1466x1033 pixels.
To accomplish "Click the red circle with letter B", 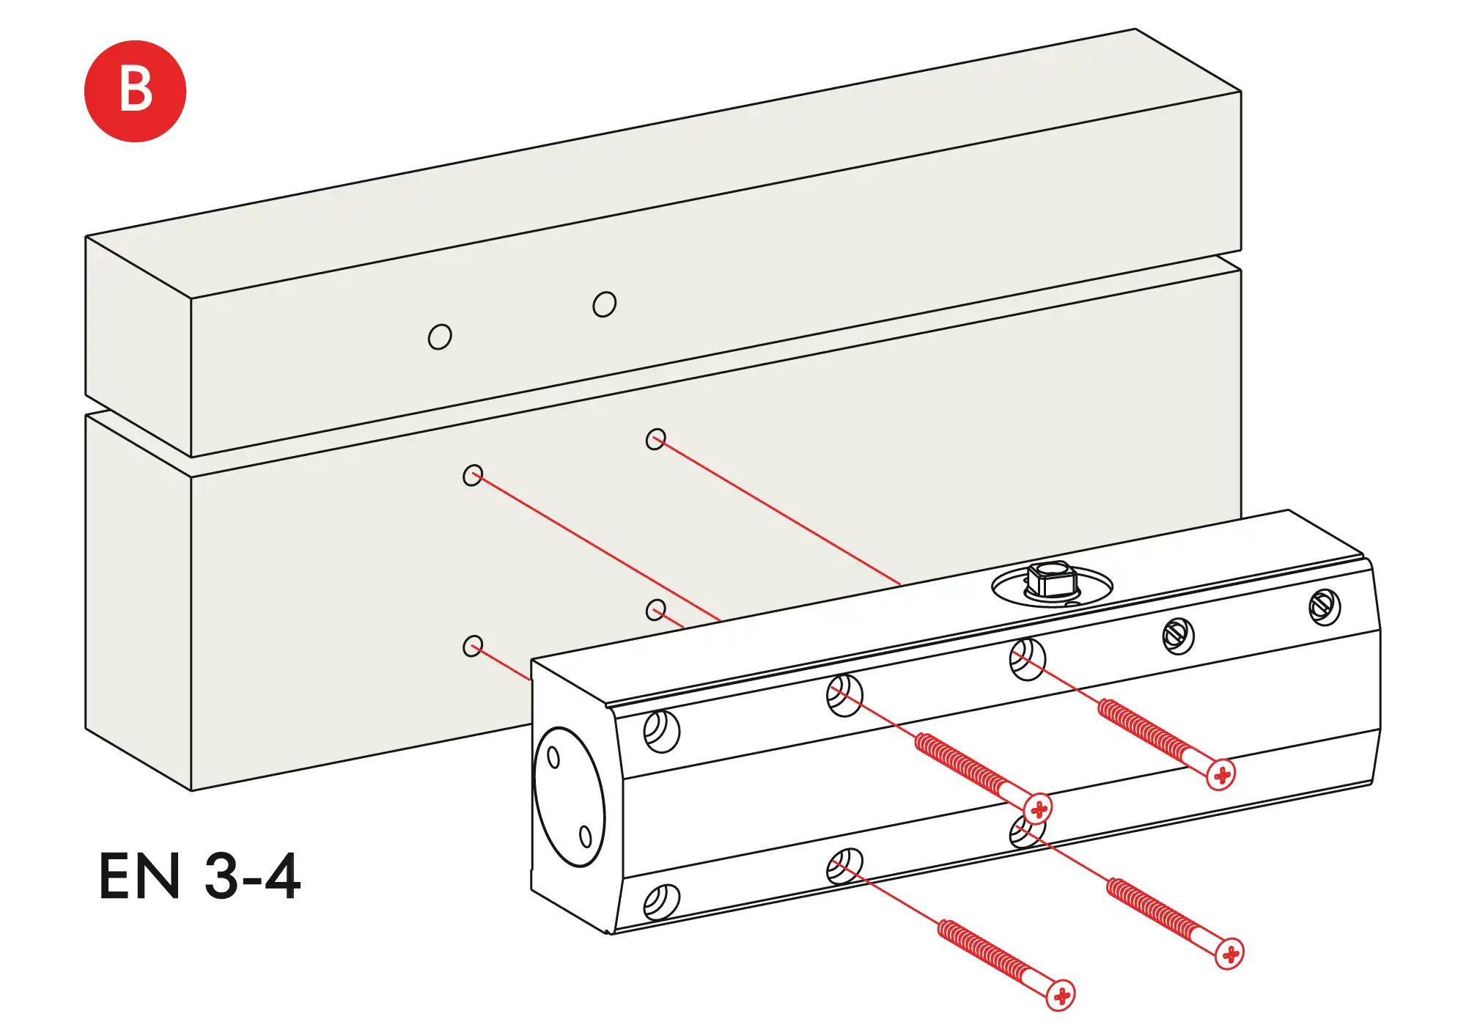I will click(x=135, y=91).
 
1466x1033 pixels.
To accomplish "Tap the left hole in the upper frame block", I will click(x=440, y=337).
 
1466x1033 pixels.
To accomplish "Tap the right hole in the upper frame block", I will click(x=604, y=304).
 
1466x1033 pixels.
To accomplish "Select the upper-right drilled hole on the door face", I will click(x=655, y=439).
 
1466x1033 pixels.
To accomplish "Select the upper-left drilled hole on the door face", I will click(x=473, y=475).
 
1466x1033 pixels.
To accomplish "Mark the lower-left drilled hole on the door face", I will click(x=473, y=646).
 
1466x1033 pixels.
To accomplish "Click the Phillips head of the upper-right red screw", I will click(x=1220, y=775).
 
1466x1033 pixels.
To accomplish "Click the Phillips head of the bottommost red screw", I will click(x=1061, y=995).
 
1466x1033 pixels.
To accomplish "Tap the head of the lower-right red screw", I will click(x=1229, y=954).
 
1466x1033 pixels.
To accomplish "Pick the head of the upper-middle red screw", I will click(x=1039, y=809).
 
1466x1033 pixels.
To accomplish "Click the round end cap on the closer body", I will click(x=570, y=797).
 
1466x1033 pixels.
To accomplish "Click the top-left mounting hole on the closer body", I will click(x=661, y=731).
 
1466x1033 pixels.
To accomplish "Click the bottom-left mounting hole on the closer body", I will click(x=661, y=901).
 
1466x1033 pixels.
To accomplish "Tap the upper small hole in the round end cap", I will click(x=553, y=757).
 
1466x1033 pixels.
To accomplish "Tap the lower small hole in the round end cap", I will click(x=585, y=836).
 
